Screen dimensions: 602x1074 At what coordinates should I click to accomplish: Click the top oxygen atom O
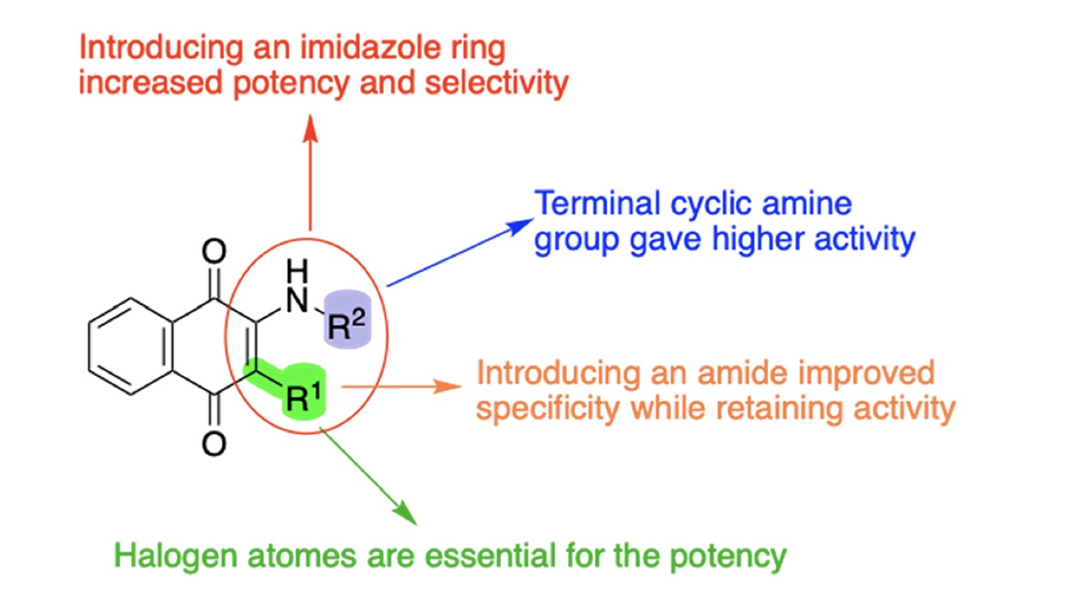pyautogui.click(x=214, y=250)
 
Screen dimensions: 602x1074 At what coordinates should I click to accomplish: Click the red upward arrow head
pyautogui.click(x=309, y=125)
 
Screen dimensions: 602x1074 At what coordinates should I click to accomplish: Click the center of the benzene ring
pyautogui.click(x=131, y=346)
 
